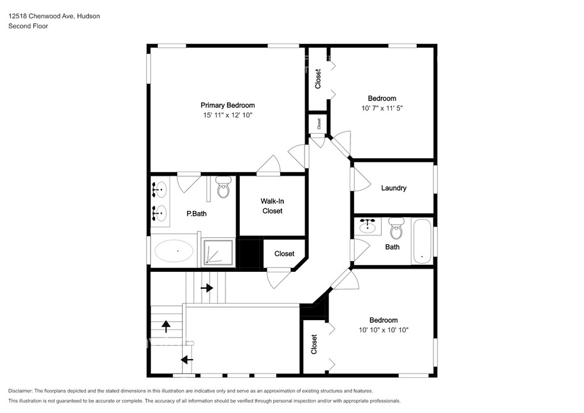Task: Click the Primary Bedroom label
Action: coord(227,105)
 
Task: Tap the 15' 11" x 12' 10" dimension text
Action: coord(227,115)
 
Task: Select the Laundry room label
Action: coord(394,188)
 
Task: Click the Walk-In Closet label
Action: coord(273,206)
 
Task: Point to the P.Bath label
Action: coord(197,214)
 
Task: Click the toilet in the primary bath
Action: coord(224,187)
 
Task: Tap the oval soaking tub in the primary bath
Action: coord(173,251)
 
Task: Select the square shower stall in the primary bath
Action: coord(219,252)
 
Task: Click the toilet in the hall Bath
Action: coord(396,228)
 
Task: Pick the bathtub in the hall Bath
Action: coord(422,241)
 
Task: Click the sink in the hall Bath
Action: coord(367,227)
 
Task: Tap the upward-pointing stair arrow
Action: coord(166,326)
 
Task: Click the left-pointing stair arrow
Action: coord(187,360)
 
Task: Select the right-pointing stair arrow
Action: coord(207,288)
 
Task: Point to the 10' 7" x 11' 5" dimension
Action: coord(382,109)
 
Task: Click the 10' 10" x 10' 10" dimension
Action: coord(384,330)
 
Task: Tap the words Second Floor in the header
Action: coord(28,26)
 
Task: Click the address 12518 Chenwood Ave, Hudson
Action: coord(54,16)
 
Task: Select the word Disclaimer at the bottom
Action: coord(21,391)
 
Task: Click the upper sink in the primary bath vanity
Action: coord(160,190)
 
